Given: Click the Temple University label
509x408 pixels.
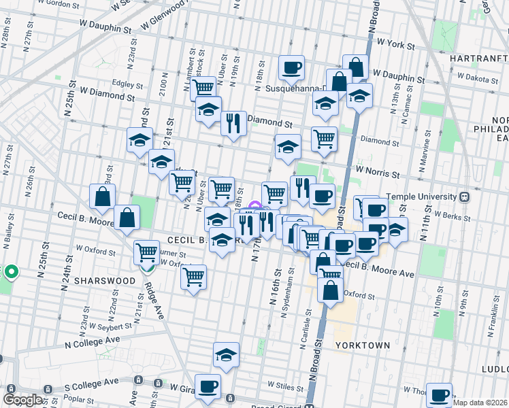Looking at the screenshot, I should tap(423, 197).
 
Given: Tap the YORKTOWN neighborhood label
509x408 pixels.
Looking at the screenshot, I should tap(363, 345).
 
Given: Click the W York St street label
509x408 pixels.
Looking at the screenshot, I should tap(395, 44).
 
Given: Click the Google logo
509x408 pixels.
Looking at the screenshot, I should tap(23, 399).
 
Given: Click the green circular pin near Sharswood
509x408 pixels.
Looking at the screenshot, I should tap(11, 273).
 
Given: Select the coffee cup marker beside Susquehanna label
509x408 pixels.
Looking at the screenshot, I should tap(291, 68).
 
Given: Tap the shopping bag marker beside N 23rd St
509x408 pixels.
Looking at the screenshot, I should tap(102, 197).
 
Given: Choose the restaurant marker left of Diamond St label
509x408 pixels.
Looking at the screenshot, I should tap(233, 124).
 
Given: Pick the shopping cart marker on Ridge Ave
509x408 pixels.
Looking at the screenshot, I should tap(147, 253).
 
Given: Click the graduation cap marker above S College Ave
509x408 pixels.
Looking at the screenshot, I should tap(226, 355).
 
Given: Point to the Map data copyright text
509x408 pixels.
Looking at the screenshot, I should tap(480, 403).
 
